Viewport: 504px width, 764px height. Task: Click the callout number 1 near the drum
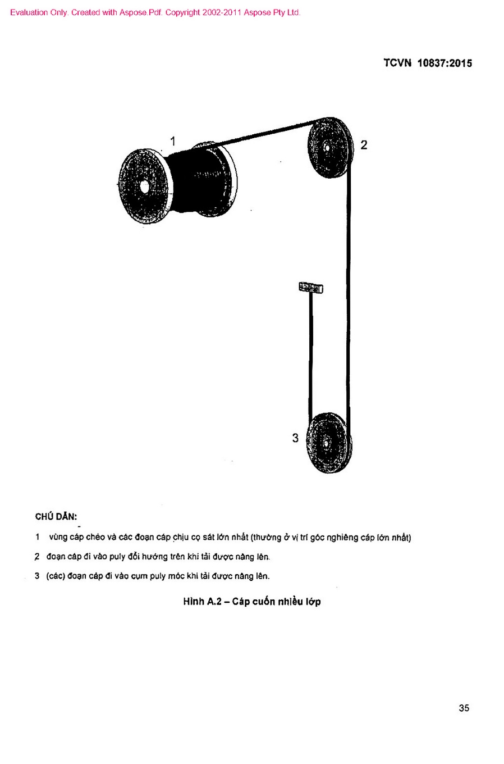click(173, 141)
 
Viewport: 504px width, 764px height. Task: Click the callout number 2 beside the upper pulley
click(364, 145)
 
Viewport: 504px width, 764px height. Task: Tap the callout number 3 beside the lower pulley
click(295, 438)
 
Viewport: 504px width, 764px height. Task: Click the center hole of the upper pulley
click(327, 148)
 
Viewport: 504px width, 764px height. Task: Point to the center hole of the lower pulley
click(326, 443)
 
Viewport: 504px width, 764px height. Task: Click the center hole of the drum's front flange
click(144, 187)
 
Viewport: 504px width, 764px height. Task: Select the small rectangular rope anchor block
click(311, 288)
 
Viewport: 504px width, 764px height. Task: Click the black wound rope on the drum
click(197, 179)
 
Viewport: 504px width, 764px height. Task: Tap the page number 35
click(464, 708)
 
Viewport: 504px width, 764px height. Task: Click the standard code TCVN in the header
click(397, 63)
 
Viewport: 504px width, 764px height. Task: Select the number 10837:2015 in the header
click(445, 63)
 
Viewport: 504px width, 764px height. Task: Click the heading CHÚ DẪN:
click(56, 516)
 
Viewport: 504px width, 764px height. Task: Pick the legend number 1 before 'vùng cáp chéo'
click(38, 537)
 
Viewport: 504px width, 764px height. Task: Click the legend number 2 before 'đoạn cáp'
click(37, 557)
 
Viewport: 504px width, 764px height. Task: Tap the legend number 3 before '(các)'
click(37, 576)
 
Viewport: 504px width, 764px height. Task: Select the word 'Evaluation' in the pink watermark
click(29, 12)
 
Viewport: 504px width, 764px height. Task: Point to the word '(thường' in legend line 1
click(266, 538)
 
